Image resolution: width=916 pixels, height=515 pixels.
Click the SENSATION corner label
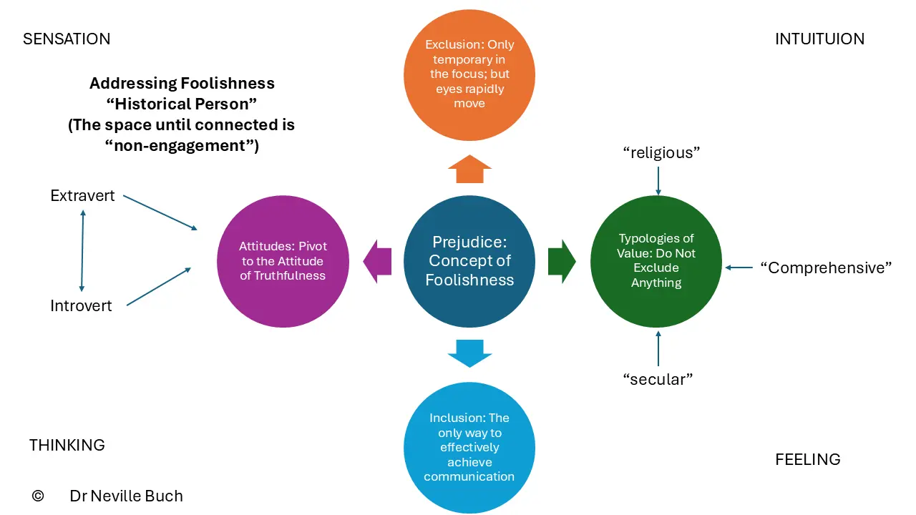pyautogui.click(x=67, y=39)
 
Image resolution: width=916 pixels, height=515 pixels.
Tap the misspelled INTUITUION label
pyautogui.click(x=819, y=39)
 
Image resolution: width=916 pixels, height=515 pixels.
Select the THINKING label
pyautogui.click(x=67, y=445)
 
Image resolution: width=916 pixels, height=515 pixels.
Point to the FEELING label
pyautogui.click(x=808, y=459)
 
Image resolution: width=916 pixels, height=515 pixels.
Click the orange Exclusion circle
pyautogui.click(x=469, y=75)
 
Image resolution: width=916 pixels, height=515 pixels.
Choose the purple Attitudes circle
pyautogui.click(x=283, y=261)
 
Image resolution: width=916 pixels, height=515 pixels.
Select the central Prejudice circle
pyautogui.click(x=469, y=261)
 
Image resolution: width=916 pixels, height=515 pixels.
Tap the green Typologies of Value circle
pyautogui.click(x=656, y=261)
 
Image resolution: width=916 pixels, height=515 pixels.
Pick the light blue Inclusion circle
pyautogui.click(x=469, y=448)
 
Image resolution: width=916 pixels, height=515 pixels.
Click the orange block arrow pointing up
pyautogui.click(x=469, y=170)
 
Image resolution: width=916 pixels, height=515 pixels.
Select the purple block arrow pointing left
pyautogui.click(x=377, y=262)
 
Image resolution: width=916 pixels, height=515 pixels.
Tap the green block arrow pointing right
pyautogui.click(x=562, y=262)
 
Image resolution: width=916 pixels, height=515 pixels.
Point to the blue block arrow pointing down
pyautogui.click(x=469, y=353)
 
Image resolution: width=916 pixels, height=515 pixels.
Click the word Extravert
pyautogui.click(x=82, y=196)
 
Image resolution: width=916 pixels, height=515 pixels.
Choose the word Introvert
pyautogui.click(x=81, y=305)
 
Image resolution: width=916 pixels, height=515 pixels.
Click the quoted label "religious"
pyautogui.click(x=661, y=153)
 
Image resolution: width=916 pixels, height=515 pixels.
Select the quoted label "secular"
pyautogui.click(x=658, y=379)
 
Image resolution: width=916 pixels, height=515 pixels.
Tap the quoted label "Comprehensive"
pyautogui.click(x=826, y=268)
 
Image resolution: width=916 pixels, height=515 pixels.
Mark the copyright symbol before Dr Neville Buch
pyautogui.click(x=38, y=496)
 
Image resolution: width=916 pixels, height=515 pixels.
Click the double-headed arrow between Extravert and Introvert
pyautogui.click(x=82, y=250)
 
